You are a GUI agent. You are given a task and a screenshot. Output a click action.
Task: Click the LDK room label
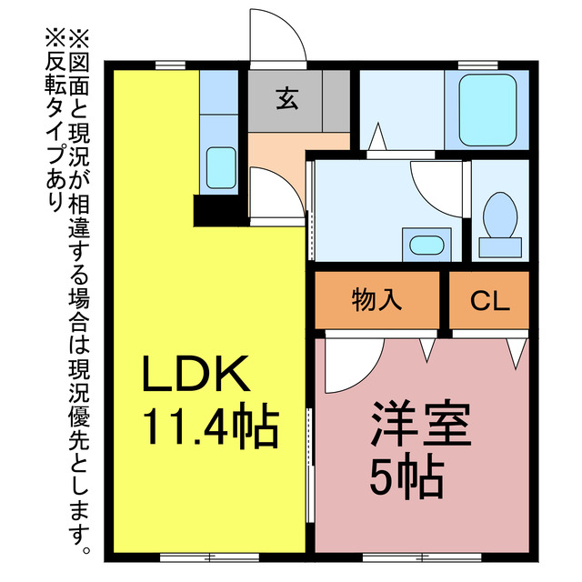point(194,373)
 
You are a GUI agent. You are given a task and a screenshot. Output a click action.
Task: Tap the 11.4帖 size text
point(208,426)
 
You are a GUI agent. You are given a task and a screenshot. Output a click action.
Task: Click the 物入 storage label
point(377,301)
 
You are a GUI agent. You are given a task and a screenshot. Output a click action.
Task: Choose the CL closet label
point(490,301)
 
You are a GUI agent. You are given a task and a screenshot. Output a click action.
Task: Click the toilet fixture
point(499,223)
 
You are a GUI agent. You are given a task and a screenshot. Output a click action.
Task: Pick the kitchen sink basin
point(219,166)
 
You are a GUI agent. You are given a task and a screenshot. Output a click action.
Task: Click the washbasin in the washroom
point(425,245)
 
